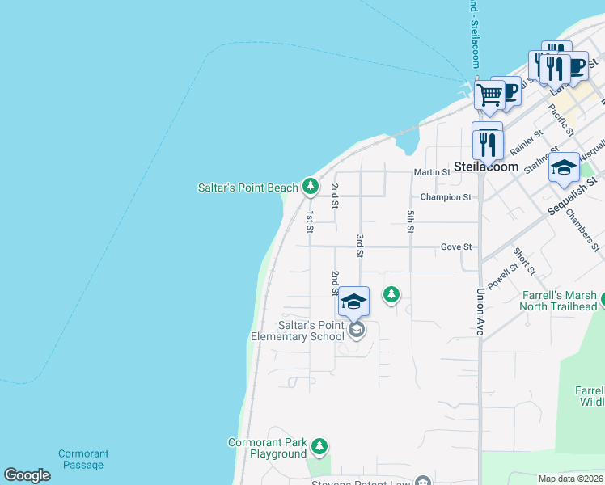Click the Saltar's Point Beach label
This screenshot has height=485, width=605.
tap(248, 188)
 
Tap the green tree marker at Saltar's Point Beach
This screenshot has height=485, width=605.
tap(310, 187)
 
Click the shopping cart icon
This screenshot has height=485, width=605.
tap(489, 95)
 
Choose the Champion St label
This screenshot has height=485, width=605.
tap(446, 197)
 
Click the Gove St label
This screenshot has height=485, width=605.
tap(456, 247)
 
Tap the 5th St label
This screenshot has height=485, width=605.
tap(411, 221)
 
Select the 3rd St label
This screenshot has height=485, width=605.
tap(359, 246)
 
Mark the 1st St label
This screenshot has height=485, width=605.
tap(310, 221)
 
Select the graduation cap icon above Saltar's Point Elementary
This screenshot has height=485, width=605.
tap(353, 302)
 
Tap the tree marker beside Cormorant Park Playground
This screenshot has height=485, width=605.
tap(320, 445)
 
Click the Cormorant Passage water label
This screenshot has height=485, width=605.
tap(83, 459)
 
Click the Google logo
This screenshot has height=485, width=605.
tap(27, 475)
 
